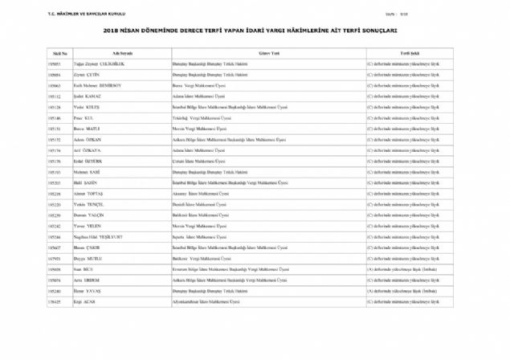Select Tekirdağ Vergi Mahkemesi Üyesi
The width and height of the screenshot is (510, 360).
coord(205,117)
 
